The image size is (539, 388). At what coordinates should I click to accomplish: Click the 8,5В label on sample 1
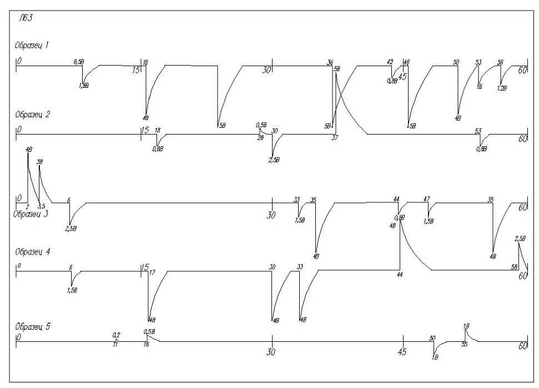[x=79, y=62]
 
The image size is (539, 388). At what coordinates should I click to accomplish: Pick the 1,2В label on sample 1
[x=502, y=88]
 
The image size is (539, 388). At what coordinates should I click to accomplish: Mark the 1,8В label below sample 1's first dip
[x=84, y=86]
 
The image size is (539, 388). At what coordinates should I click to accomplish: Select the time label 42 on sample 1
[x=390, y=62]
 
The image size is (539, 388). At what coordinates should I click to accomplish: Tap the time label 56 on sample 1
[x=500, y=62]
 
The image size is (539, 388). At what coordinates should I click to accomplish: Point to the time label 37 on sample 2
[x=335, y=137]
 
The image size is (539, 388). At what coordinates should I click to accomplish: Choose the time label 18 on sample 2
[x=158, y=131]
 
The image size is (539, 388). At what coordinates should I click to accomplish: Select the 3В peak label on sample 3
[x=39, y=162]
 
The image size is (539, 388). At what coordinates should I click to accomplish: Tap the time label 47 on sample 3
[x=426, y=198]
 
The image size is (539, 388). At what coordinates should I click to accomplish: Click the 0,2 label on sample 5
[x=116, y=335]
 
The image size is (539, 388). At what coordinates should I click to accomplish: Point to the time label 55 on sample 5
[x=464, y=345]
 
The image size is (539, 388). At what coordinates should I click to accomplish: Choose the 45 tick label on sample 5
[x=403, y=352]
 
